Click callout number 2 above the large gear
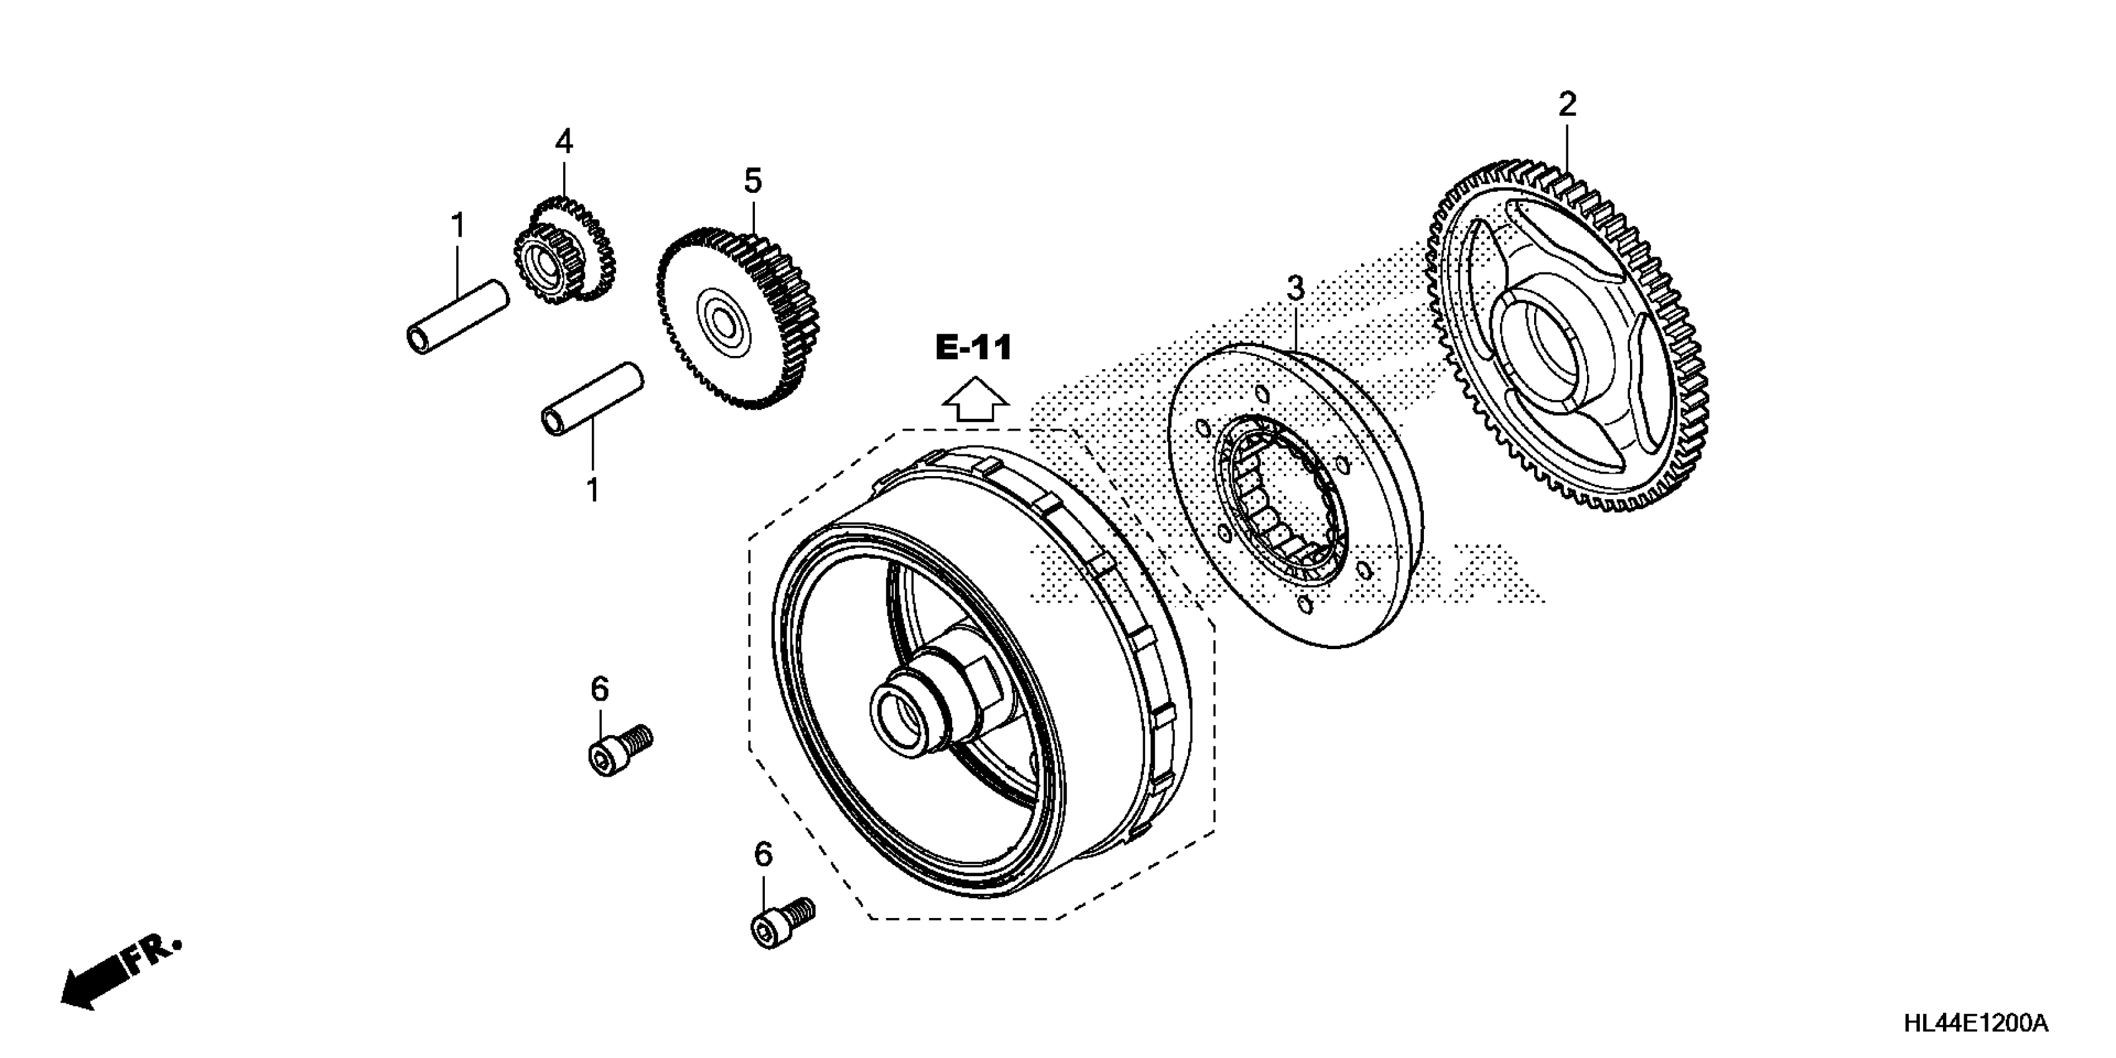pyautogui.click(x=1567, y=105)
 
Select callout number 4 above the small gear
pyautogui.click(x=563, y=142)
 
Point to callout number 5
pyautogui.click(x=753, y=180)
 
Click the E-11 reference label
pyautogui.click(x=973, y=349)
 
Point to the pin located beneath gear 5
pyautogui.click(x=591, y=398)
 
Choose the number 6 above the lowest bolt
pyautogui.click(x=763, y=855)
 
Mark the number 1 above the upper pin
pyautogui.click(x=457, y=224)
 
